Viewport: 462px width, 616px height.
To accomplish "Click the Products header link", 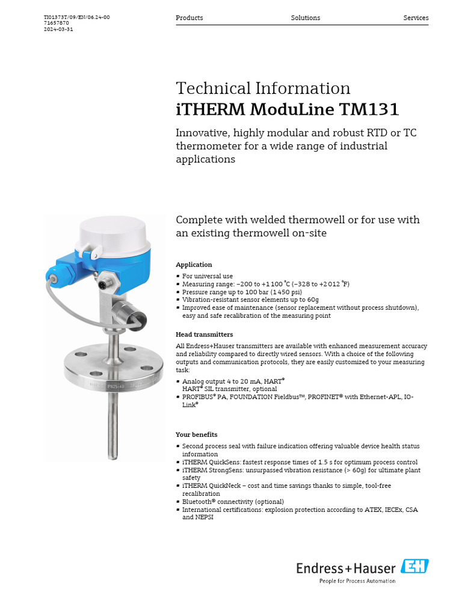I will tap(189, 18).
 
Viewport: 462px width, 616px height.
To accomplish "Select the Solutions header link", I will tap(306, 18).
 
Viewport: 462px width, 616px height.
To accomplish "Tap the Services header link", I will tap(416, 18).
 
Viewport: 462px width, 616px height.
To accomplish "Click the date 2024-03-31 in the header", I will tap(58, 29).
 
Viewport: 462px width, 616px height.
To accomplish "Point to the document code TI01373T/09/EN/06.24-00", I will tap(77, 17).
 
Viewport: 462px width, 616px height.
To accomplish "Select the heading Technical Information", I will tap(263, 88).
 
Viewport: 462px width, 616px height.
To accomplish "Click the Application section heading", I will tap(194, 265).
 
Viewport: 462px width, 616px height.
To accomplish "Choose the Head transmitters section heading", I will tap(204, 334).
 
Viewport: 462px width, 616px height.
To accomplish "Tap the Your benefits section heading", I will tap(196, 434).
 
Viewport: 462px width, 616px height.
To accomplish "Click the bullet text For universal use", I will tap(208, 276).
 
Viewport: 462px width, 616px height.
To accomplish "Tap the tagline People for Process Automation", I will tap(357, 581).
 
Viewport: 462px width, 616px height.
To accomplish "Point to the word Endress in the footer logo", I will tap(315, 568).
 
